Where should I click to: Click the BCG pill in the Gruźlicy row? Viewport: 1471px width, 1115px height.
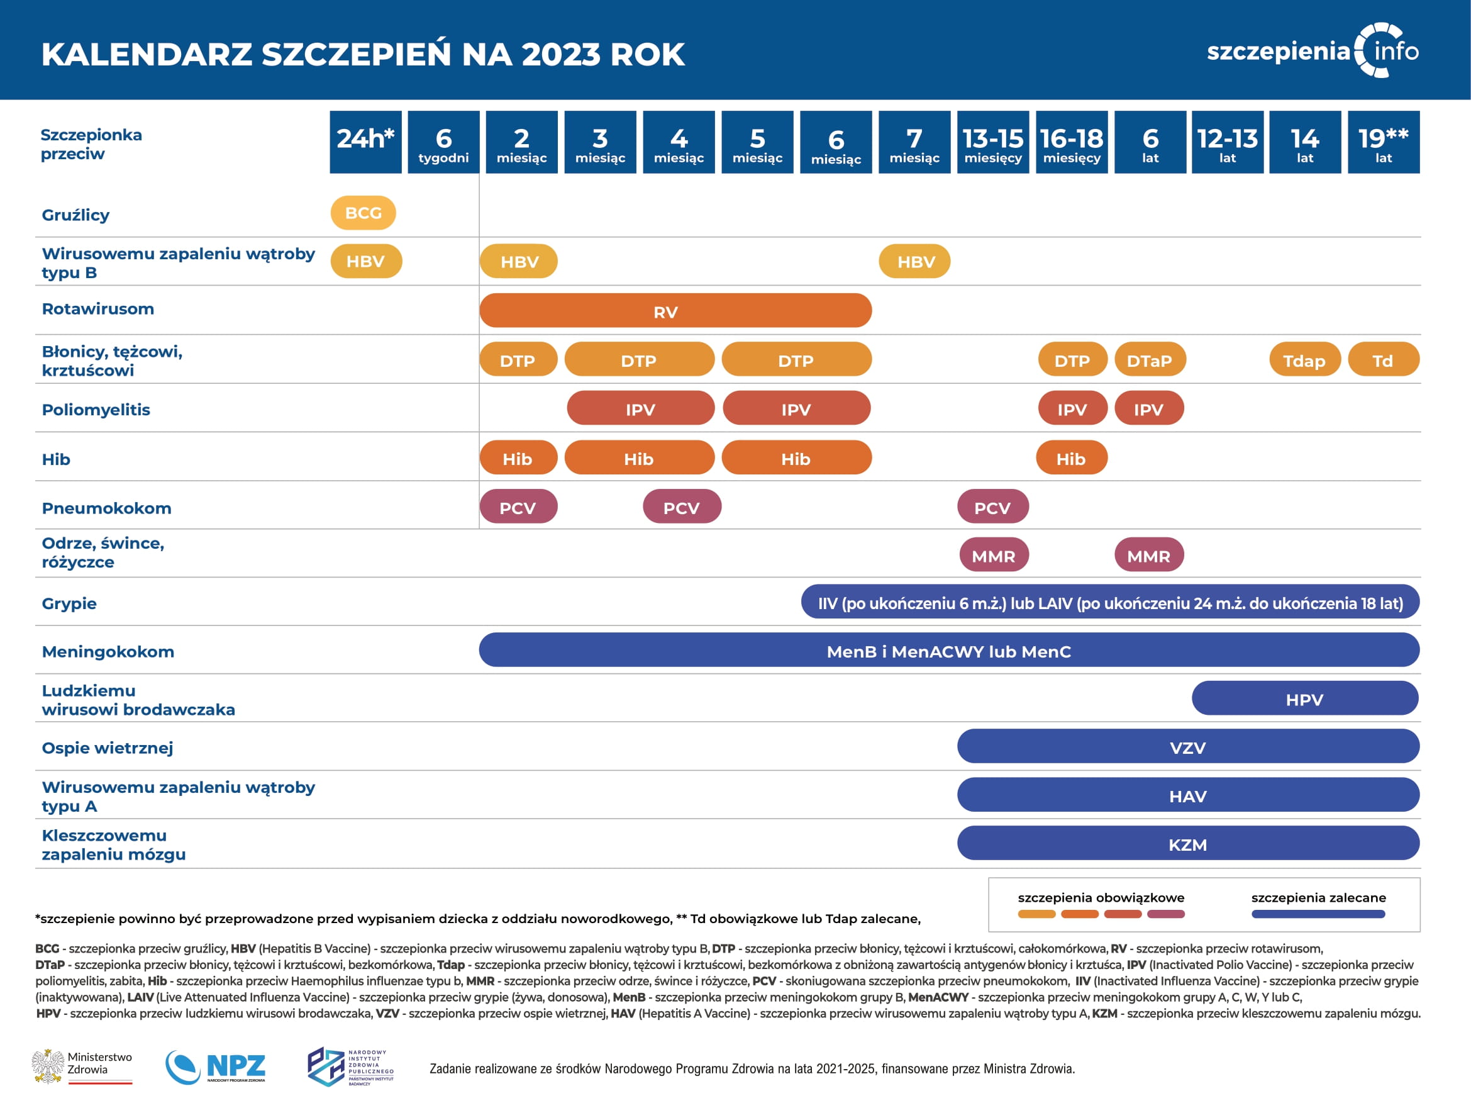[x=363, y=213]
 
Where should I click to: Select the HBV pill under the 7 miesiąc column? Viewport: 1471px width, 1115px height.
[x=914, y=262]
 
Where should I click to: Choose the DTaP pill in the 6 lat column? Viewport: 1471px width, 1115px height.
[x=1150, y=360]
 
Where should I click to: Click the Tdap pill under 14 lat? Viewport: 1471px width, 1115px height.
[x=1304, y=360]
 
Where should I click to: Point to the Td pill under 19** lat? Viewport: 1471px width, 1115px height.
[x=1383, y=360]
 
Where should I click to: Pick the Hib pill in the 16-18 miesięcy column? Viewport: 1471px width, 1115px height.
[x=1071, y=457]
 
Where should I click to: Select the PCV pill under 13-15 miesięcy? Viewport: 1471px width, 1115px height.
[x=993, y=507]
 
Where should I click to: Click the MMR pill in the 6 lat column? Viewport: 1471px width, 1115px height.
[x=1149, y=556]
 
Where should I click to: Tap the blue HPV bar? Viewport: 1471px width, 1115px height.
[x=1305, y=698]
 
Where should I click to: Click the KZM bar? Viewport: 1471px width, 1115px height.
[x=1188, y=844]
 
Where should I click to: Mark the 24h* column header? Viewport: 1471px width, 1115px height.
[x=366, y=142]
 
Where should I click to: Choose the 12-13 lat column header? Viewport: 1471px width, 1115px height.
[x=1228, y=142]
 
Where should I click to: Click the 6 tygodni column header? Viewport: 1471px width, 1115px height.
[x=443, y=142]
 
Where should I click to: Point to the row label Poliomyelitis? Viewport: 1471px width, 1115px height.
[x=96, y=409]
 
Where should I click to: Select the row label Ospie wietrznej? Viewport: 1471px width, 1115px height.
[x=107, y=748]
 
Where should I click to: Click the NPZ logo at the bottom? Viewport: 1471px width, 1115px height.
[x=216, y=1067]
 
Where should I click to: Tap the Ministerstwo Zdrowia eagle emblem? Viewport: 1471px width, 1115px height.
[x=48, y=1067]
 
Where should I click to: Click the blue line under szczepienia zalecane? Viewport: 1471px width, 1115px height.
[x=1318, y=914]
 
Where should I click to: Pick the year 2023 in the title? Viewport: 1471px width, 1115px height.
[x=560, y=55]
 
